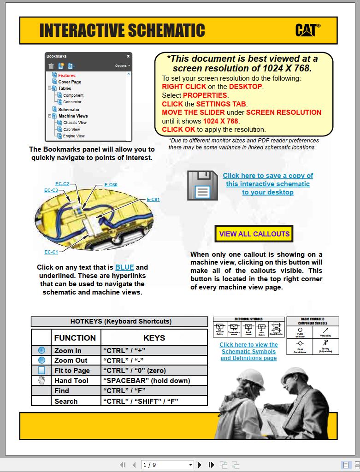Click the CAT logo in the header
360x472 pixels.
307,30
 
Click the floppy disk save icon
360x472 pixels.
202,185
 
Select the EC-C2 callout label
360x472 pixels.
62,184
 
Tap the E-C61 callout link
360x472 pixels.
153,200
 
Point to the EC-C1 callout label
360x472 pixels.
51,252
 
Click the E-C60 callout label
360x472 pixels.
111,185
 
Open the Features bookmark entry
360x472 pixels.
66,75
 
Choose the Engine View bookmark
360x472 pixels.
74,136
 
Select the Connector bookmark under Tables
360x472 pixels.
72,102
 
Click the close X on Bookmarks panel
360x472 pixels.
128,56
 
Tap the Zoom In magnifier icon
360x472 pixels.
41,350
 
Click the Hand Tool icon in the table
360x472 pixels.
41,380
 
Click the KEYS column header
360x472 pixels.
154,338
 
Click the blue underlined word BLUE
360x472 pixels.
124,267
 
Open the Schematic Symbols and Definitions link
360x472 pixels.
248,351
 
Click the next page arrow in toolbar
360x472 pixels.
200,465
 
